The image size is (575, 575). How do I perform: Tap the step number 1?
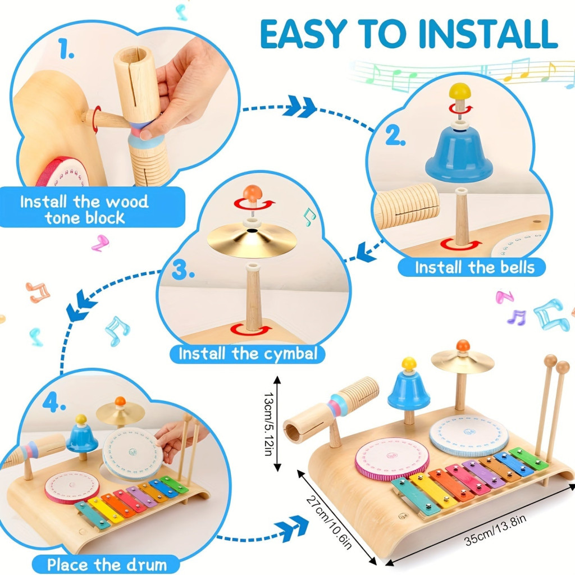66,49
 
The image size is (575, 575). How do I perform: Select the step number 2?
395,136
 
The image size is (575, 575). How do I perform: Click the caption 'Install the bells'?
474,267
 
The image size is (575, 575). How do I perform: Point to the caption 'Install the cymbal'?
248,354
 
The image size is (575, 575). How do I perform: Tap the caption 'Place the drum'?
107,564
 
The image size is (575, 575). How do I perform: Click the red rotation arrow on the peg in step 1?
97,119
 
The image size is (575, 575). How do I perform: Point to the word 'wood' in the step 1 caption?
127,202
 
